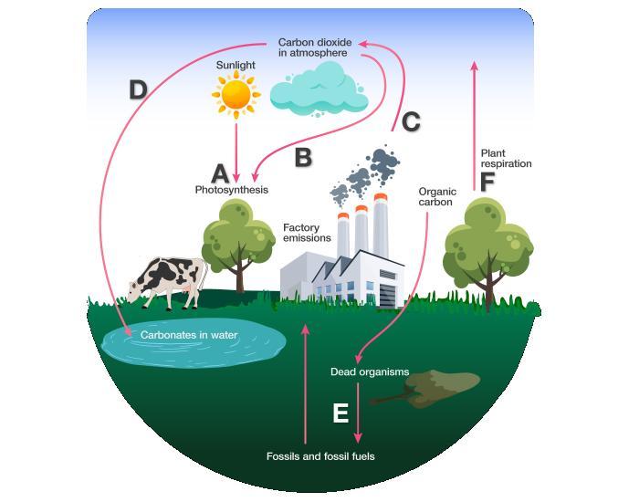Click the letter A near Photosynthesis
[220, 173]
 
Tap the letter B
[303, 157]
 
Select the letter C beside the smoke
[411, 121]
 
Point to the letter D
[138, 89]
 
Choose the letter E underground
[340, 413]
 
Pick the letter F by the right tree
[487, 181]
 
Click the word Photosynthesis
[232, 190]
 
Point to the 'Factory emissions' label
[307, 232]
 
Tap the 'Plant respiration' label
[506, 158]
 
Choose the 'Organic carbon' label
[436, 197]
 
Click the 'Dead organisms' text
[370, 371]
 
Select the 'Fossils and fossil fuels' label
[320, 455]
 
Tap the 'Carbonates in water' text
[189, 335]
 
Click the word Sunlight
[236, 66]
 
